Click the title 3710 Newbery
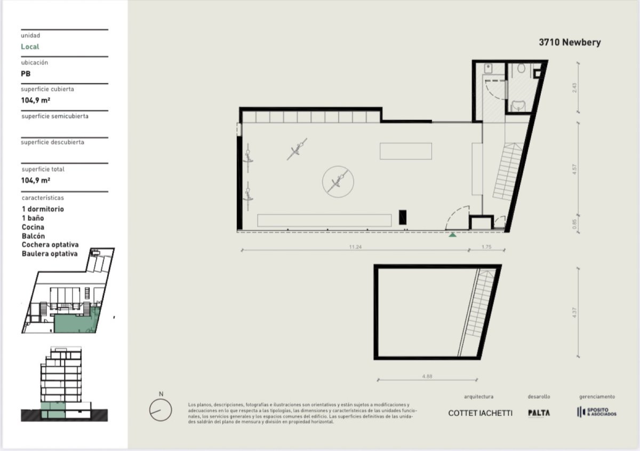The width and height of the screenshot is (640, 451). (569, 43)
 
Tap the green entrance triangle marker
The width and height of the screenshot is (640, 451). (452, 234)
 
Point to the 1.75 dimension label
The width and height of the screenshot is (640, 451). (486, 247)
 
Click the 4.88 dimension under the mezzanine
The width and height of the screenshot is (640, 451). (427, 376)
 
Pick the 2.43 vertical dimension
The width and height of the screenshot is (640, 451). (574, 86)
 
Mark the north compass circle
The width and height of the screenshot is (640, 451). (161, 410)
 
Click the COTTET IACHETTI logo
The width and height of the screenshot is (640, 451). (480, 413)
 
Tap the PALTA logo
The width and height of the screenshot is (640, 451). (539, 413)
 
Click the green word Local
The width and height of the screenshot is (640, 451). (30, 47)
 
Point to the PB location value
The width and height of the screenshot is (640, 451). (26, 74)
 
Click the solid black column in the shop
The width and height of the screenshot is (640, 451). (403, 217)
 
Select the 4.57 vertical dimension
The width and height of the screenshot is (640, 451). (574, 172)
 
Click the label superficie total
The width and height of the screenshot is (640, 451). (43, 170)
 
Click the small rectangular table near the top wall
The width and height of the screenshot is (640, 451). (406, 151)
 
